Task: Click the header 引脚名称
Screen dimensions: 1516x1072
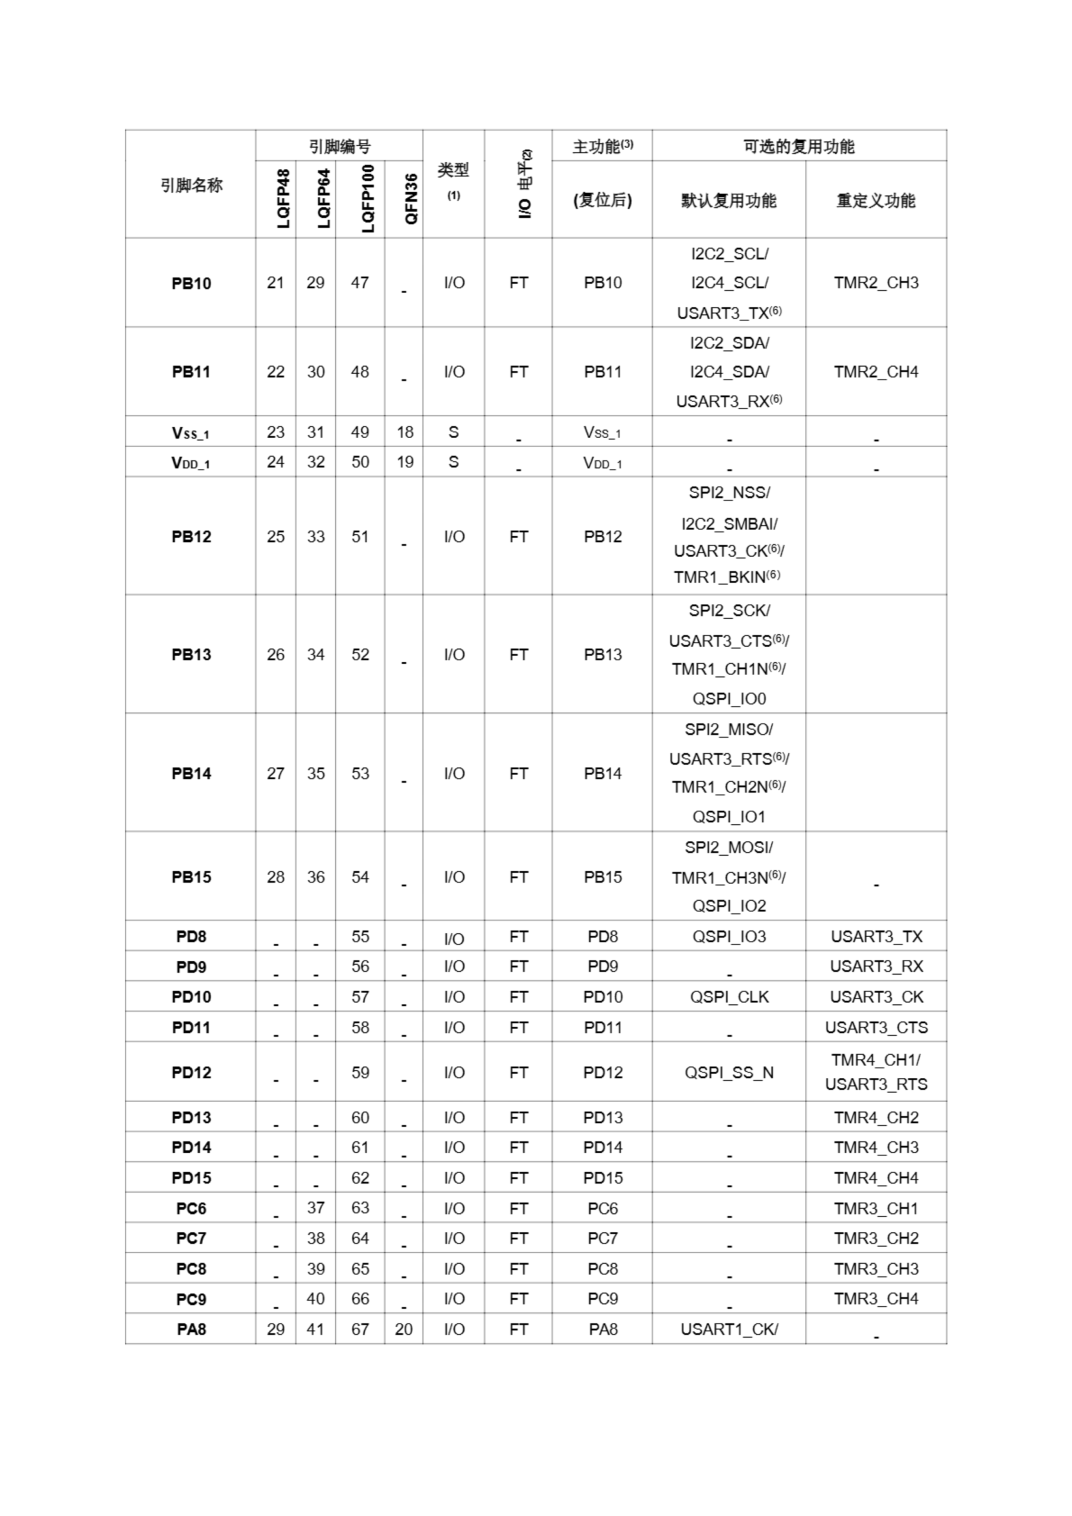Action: (x=191, y=185)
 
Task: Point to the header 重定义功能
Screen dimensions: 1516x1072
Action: (x=875, y=200)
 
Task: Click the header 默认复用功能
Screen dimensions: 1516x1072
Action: (x=728, y=200)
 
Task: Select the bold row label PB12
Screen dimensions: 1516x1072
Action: (x=191, y=536)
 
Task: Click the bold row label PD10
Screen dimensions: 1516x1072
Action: (x=191, y=997)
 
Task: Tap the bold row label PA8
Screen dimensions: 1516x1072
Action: (x=191, y=1329)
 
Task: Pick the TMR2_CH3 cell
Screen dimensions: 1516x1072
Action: (x=875, y=282)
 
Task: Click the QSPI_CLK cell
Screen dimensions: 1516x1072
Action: (x=729, y=997)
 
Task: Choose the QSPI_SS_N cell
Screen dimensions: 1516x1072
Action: (x=728, y=1072)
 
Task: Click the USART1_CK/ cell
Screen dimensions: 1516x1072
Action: (x=729, y=1329)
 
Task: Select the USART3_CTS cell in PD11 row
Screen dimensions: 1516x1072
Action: (x=875, y=1027)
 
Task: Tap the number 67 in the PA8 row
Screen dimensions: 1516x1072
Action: (x=360, y=1329)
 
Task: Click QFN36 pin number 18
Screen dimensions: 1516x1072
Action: (x=405, y=432)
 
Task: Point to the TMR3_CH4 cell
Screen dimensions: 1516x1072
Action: (x=875, y=1299)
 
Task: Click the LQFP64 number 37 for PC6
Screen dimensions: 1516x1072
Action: (x=316, y=1207)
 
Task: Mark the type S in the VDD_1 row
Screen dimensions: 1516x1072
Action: (x=453, y=461)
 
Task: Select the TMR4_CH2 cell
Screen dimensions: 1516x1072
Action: (x=875, y=1117)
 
